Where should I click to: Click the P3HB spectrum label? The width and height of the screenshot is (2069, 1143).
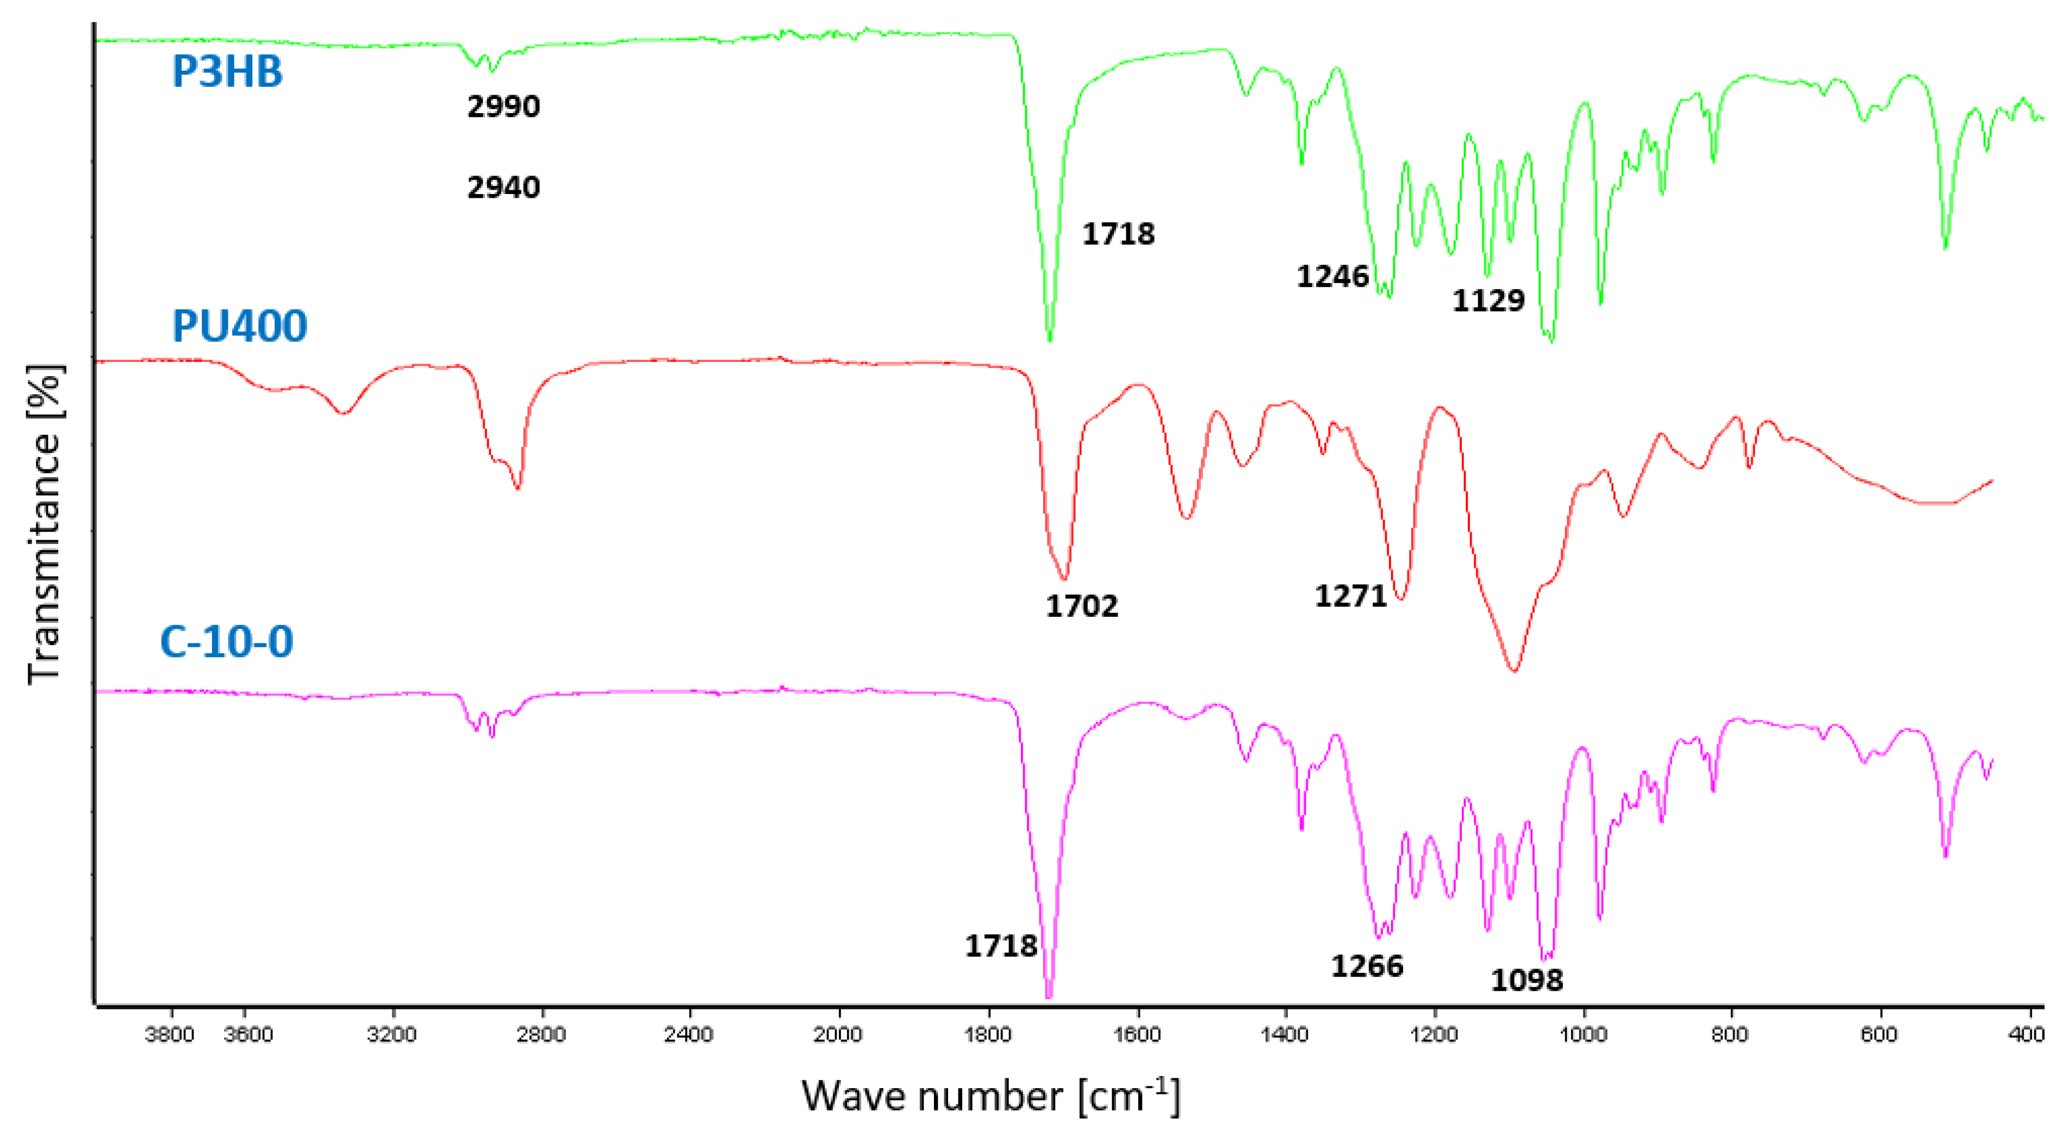click(x=227, y=72)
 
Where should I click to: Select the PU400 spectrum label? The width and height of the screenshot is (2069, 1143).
click(x=239, y=326)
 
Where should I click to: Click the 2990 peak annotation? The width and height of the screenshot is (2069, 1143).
click(x=503, y=106)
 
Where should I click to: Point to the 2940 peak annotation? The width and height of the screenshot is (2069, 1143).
click(x=503, y=187)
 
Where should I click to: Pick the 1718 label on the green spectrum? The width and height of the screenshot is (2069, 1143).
click(x=1118, y=234)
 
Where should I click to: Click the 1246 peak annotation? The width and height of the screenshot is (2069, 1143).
click(x=1332, y=276)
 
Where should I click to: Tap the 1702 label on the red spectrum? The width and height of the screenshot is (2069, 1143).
click(x=1081, y=605)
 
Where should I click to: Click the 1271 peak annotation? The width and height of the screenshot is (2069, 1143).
click(x=1350, y=596)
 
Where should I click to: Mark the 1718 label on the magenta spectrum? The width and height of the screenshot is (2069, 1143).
click(x=1001, y=945)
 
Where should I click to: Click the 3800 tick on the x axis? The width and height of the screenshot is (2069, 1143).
click(x=170, y=1034)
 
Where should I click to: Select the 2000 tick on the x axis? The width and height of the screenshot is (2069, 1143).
click(x=838, y=1034)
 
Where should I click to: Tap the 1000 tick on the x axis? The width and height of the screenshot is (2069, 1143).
click(x=1583, y=1034)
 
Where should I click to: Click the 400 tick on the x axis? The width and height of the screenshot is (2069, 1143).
click(x=2026, y=1034)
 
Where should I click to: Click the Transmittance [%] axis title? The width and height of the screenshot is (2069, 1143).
click(x=44, y=524)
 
